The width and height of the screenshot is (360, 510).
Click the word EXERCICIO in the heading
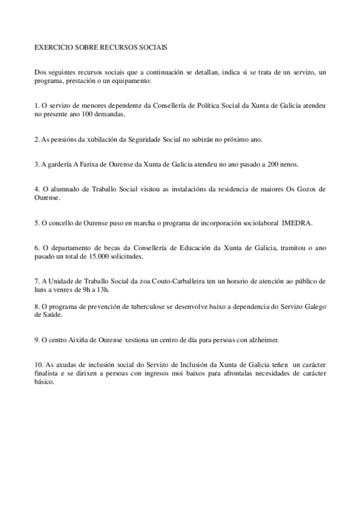(x=53, y=46)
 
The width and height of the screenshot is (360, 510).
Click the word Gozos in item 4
(x=301, y=189)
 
